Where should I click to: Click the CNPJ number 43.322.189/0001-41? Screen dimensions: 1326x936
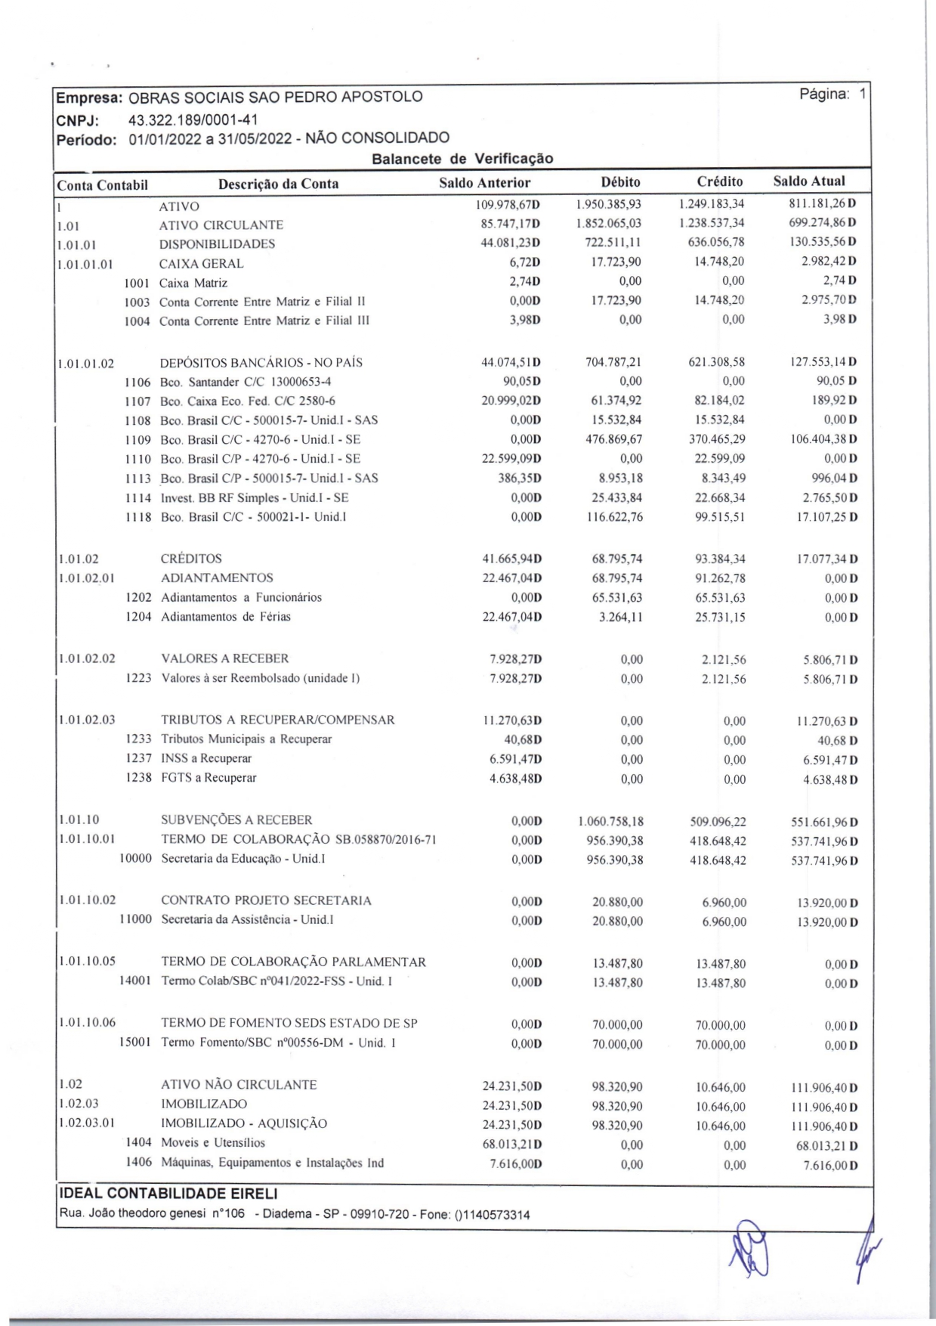[x=193, y=119]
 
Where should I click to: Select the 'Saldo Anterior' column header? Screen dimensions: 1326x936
[x=485, y=183]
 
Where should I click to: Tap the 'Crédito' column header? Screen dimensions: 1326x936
[x=720, y=181]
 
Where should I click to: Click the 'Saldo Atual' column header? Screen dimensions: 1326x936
[x=809, y=181]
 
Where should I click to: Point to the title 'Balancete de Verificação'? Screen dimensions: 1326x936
[x=462, y=159]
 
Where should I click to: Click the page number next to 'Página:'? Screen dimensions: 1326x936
[x=863, y=94]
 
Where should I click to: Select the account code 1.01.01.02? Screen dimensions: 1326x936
[x=86, y=364]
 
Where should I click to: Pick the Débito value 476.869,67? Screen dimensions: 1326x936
[x=614, y=439]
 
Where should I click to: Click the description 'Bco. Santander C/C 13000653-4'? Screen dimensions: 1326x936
[x=246, y=382]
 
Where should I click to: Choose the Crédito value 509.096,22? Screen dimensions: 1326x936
[x=718, y=822]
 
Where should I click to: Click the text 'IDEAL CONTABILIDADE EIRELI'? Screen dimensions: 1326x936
[x=168, y=1194]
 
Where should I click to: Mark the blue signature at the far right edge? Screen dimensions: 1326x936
[x=864, y=1247]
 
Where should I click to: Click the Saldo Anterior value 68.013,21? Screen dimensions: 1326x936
[x=511, y=1145]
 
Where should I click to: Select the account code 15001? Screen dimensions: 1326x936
[x=135, y=1043]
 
